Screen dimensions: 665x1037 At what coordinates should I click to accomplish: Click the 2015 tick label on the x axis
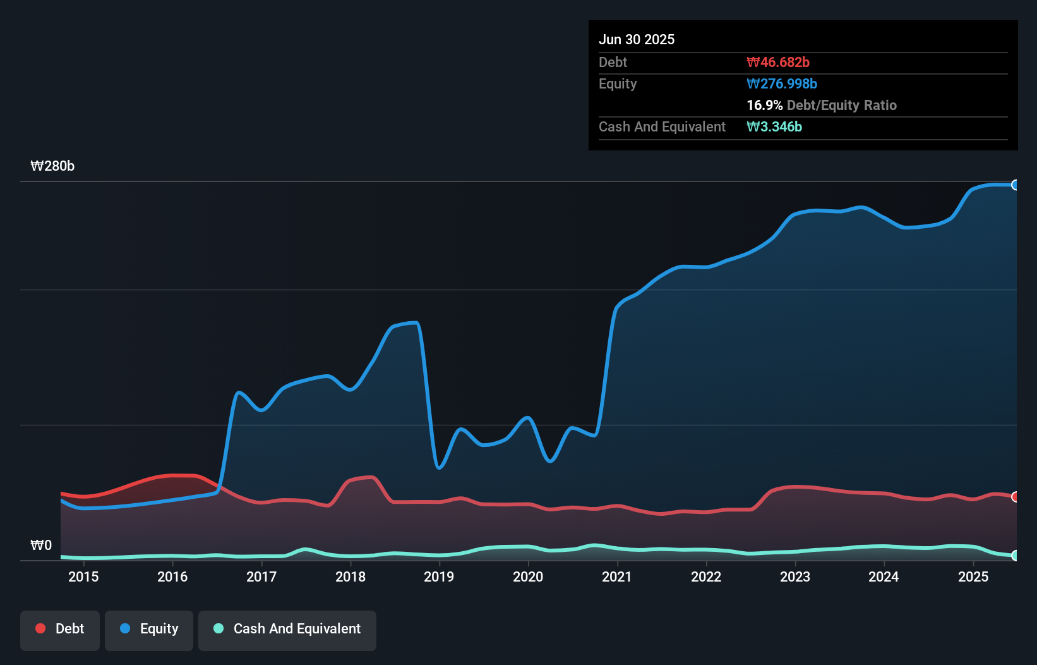coord(83,577)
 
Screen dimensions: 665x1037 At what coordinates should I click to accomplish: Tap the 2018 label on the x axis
coord(351,577)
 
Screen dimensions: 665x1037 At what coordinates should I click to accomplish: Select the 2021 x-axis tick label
coord(617,577)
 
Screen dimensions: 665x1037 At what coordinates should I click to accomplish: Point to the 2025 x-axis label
coord(973,577)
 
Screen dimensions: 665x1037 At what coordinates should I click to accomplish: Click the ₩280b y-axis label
coord(52,166)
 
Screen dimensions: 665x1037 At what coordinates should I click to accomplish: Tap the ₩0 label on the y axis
coord(41,546)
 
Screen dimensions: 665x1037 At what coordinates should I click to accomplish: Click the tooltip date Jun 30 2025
coord(637,39)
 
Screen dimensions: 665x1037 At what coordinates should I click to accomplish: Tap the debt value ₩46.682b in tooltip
coord(778,62)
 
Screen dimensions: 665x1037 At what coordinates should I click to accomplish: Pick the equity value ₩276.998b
coord(782,83)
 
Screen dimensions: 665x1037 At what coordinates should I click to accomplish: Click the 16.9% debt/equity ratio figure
coord(765,105)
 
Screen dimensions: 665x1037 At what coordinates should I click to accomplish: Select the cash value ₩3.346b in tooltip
coord(774,126)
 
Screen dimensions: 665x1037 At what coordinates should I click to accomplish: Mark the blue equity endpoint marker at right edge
coord(1015,185)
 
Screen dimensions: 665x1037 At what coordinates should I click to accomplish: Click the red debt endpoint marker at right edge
coord(1015,497)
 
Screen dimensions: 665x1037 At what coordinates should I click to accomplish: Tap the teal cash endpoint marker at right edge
coord(1015,556)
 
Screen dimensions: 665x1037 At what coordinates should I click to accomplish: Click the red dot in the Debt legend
coord(40,628)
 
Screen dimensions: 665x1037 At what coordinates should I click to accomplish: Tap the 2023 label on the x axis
coord(795,577)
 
